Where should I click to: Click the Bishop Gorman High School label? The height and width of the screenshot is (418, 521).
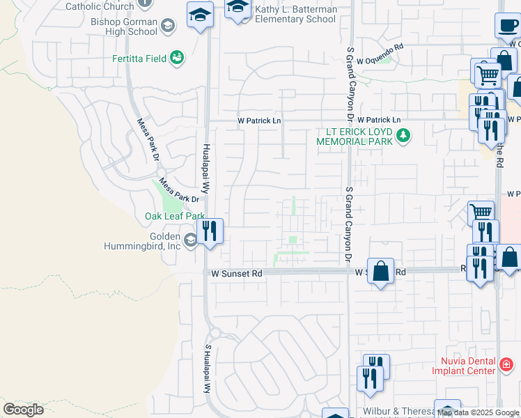point(124,26)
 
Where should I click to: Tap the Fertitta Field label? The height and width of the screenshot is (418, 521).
point(139,59)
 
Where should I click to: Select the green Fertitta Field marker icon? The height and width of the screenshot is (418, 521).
point(177,57)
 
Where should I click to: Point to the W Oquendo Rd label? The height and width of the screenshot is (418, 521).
point(380,60)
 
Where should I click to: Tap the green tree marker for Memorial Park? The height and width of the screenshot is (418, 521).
point(403,134)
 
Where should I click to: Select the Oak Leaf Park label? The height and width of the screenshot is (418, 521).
point(174,217)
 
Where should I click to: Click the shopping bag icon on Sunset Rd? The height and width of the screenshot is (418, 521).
point(381,270)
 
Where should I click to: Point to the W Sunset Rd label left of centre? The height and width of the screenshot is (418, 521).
point(237,274)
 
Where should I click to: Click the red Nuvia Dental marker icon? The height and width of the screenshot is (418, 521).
point(506,363)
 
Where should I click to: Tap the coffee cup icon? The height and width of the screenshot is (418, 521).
point(507,26)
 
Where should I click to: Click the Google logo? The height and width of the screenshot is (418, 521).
point(24,409)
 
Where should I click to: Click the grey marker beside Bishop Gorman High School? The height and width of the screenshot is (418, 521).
point(167,26)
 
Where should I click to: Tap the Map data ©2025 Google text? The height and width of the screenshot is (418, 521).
point(479,413)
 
